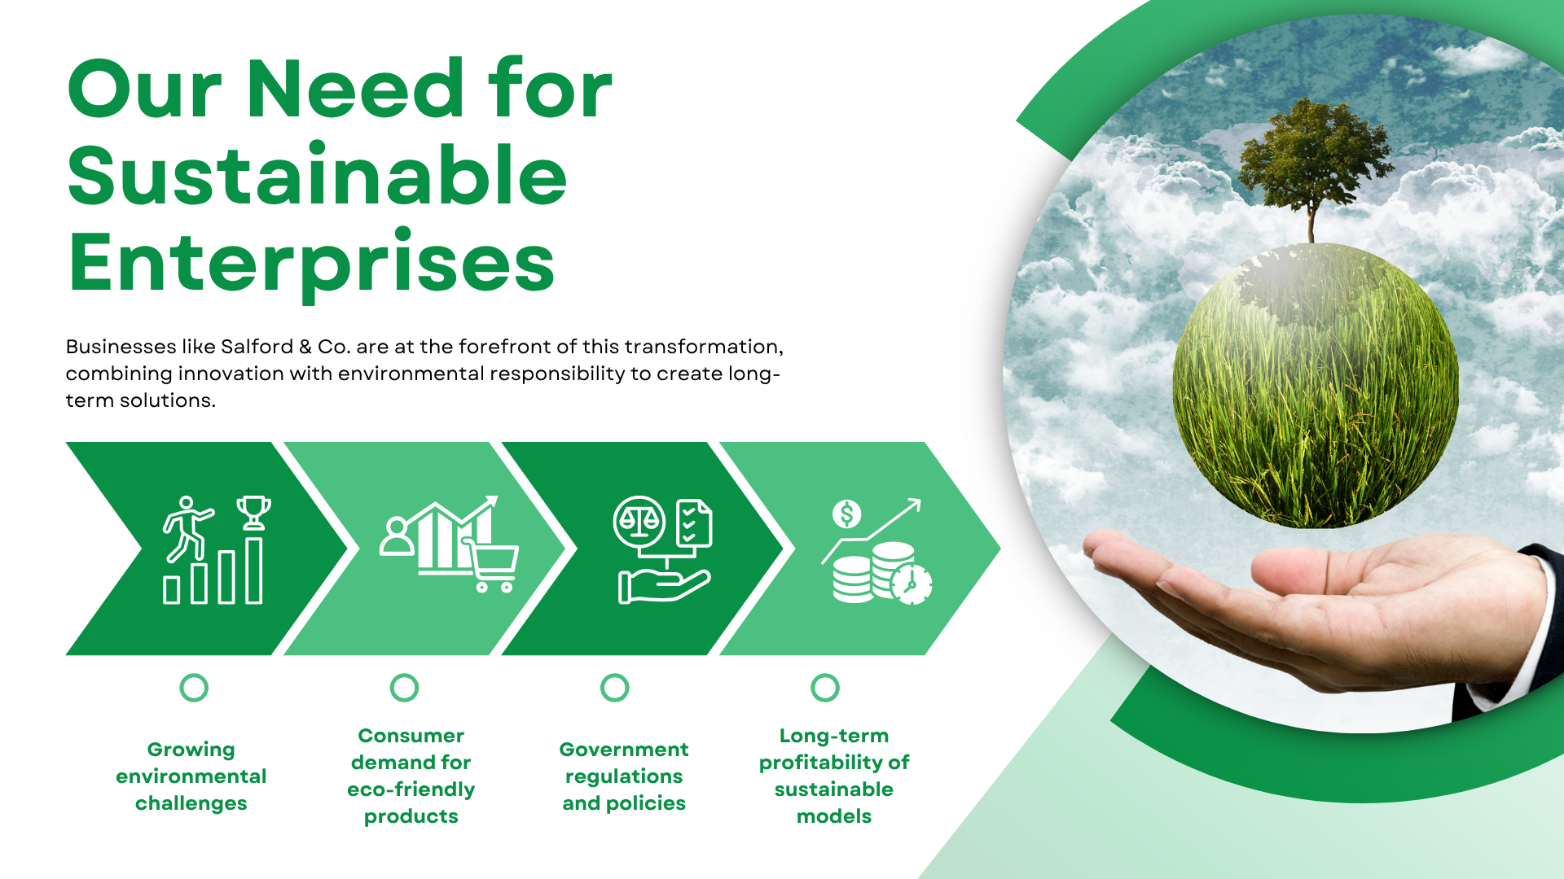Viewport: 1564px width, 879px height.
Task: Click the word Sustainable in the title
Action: [x=317, y=175]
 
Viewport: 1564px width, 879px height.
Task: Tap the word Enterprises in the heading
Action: [x=312, y=262]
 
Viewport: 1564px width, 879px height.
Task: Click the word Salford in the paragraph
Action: [x=257, y=347]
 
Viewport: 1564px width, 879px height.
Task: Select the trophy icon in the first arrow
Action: [x=253, y=513]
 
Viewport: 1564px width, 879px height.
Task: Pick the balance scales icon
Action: [x=639, y=522]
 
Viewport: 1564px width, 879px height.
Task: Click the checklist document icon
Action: [x=694, y=523]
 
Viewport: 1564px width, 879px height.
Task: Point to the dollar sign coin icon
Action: [x=846, y=514]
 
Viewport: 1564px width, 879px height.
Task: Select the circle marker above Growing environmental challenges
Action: [x=194, y=688]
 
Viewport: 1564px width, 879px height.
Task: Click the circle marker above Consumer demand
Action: [x=404, y=688]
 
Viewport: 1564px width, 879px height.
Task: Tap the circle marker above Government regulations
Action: [x=615, y=688]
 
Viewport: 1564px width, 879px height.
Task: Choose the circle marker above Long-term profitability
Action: [x=825, y=688]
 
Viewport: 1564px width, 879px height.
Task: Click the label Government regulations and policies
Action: [x=624, y=776]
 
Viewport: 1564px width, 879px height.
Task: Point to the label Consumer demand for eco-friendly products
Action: [x=411, y=776]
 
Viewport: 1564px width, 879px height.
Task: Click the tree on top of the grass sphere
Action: [x=1313, y=163]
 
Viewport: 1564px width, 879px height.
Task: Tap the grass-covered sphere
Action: [x=1316, y=386]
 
